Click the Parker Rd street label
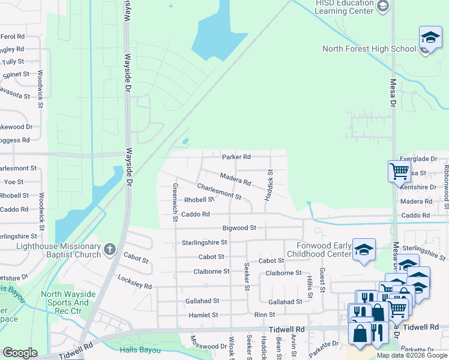[236, 157]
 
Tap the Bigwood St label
[239, 228]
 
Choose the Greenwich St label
[175, 202]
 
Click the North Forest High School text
[369, 49]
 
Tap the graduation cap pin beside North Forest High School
[430, 38]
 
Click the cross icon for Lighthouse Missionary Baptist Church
[109, 248]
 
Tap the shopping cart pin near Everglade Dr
[399, 171]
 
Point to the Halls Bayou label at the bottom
[137, 350]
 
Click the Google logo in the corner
[20, 353]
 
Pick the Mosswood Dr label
[208, 346]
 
